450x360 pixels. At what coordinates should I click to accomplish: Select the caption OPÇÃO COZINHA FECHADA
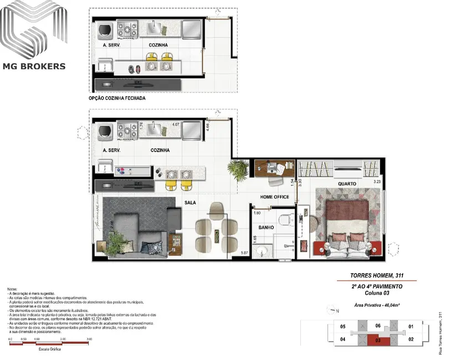point(117,98)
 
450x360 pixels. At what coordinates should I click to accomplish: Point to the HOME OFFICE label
point(275,197)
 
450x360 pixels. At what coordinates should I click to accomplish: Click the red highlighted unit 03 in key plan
point(377,339)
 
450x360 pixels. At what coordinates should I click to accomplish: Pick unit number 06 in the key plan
point(377,326)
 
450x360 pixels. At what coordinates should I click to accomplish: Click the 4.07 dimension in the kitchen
point(176,125)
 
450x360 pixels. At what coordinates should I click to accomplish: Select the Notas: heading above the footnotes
point(12,290)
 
